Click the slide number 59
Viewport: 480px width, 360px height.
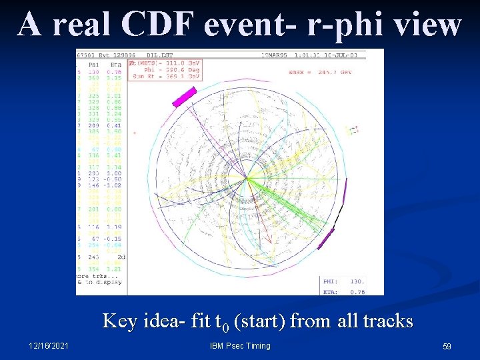(x=447, y=347)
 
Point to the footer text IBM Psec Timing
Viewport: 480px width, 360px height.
(x=240, y=346)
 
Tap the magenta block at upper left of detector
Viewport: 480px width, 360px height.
(x=184, y=97)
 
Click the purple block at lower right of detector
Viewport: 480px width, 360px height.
(x=325, y=238)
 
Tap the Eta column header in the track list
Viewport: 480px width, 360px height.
(x=115, y=65)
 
